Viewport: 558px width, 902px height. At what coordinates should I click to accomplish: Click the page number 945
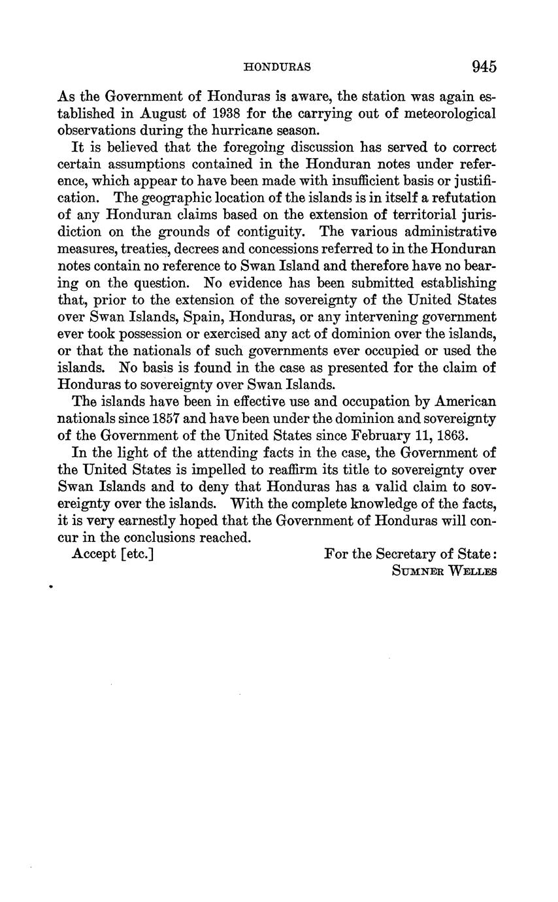pyautogui.click(x=484, y=67)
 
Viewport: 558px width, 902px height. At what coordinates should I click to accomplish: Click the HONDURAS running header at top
pyautogui.click(x=276, y=67)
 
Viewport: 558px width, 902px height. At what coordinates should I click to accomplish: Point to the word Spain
pyautogui.click(x=174, y=317)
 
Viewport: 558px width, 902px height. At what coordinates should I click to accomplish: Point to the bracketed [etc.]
pyautogui.click(x=137, y=555)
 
